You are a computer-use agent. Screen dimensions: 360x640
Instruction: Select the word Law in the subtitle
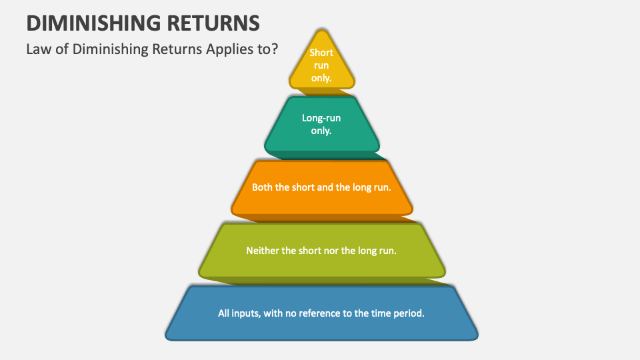coord(37,49)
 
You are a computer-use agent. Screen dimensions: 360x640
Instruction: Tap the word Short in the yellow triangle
coord(321,53)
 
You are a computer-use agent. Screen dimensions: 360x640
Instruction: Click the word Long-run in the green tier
coord(321,118)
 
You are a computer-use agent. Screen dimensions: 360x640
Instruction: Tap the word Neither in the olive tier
coord(262,251)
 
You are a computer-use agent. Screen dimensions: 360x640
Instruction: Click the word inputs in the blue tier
coord(248,312)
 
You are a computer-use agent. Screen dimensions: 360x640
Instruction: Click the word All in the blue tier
coord(225,312)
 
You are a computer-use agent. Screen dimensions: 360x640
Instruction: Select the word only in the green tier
coord(321,131)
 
